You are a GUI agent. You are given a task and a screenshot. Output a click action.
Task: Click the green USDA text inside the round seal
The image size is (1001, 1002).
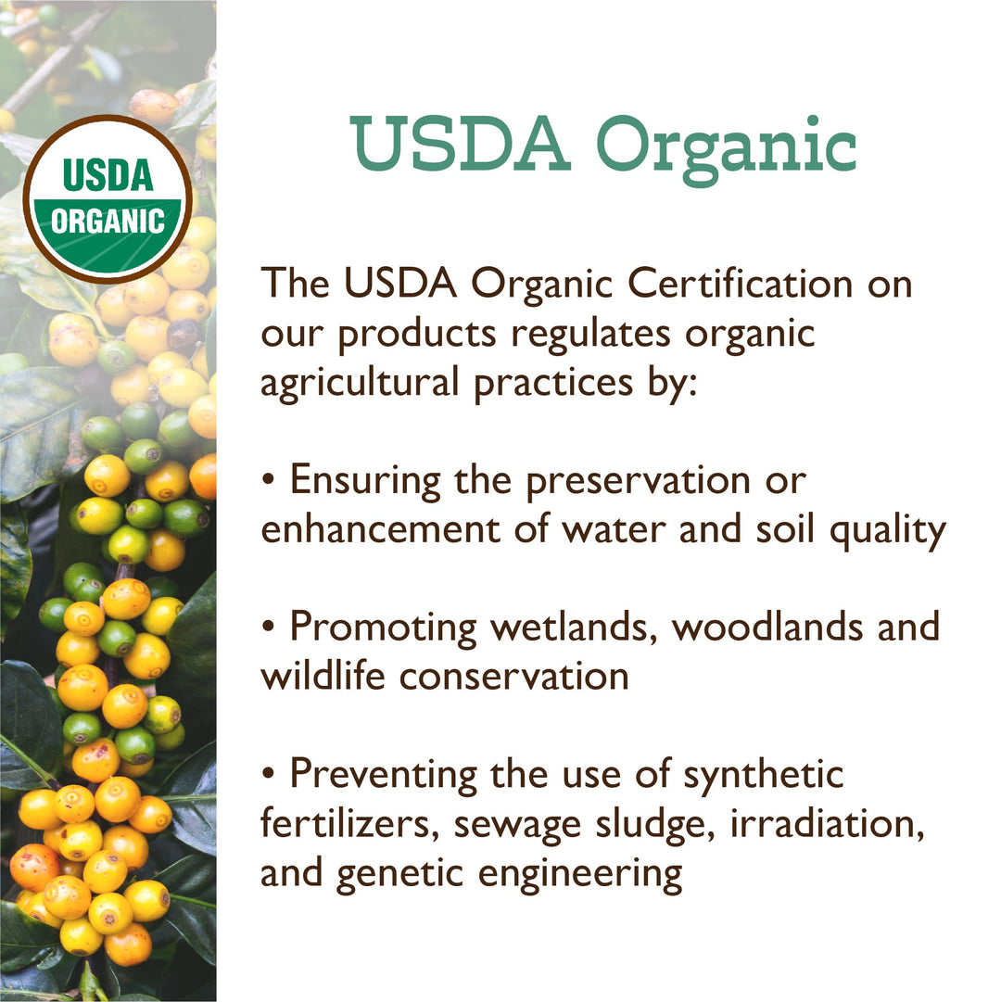(x=108, y=176)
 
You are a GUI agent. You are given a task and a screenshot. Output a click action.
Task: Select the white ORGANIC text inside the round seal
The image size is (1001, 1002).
(x=108, y=222)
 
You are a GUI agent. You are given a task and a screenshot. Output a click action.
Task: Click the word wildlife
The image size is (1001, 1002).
(x=323, y=676)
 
